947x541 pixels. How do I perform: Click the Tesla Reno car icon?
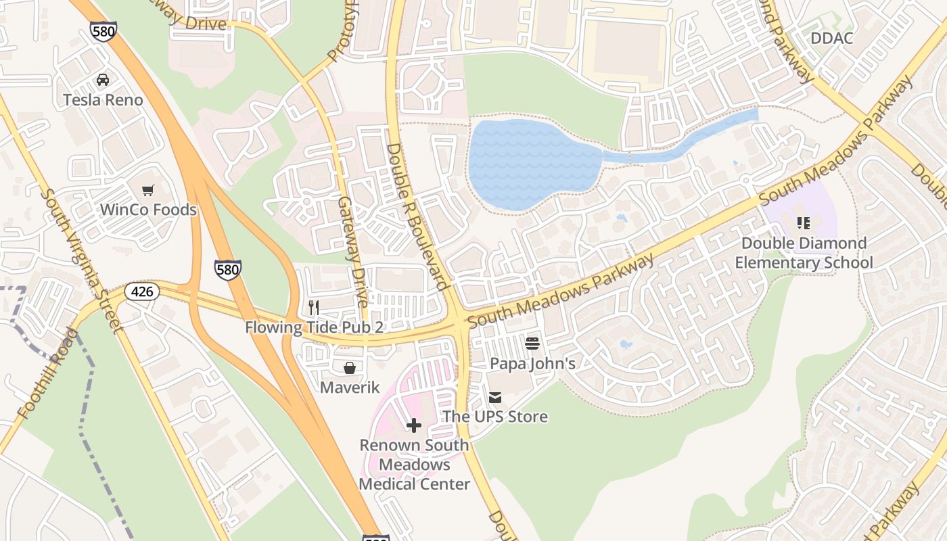(x=103, y=80)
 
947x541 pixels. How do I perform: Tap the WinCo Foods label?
(x=148, y=210)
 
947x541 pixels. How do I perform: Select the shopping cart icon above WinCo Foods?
(x=148, y=190)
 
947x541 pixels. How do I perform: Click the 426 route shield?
(x=142, y=292)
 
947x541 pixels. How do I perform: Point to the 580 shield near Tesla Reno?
(x=103, y=31)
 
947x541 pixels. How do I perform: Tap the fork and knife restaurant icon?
(x=313, y=308)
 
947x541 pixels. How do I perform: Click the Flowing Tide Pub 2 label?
(x=315, y=328)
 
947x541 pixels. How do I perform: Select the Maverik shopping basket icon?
(x=350, y=368)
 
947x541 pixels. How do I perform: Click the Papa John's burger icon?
(x=532, y=344)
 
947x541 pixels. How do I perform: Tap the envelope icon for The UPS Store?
(x=495, y=397)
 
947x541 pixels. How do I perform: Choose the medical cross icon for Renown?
(x=414, y=425)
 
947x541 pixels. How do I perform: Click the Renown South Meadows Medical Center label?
(x=414, y=465)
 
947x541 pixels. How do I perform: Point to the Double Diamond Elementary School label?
(x=804, y=253)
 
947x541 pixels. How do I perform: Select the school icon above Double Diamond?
(x=804, y=223)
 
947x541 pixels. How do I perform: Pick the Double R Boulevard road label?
(x=417, y=216)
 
